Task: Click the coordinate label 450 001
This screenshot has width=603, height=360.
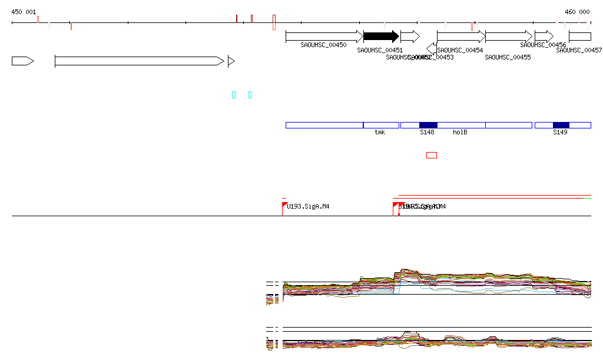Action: (x=24, y=12)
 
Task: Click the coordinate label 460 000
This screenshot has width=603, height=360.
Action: (x=577, y=12)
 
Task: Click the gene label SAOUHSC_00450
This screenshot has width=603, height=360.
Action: (x=323, y=45)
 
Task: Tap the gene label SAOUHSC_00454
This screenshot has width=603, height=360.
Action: (x=460, y=51)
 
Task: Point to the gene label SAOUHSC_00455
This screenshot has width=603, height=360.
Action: (x=508, y=57)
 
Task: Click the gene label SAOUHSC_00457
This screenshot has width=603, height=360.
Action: (x=579, y=51)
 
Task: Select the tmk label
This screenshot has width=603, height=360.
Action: (x=380, y=133)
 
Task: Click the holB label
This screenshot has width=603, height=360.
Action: (x=460, y=133)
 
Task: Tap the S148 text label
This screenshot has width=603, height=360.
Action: (x=427, y=133)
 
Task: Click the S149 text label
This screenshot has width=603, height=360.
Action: (x=560, y=133)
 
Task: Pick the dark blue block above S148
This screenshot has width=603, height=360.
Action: (x=428, y=125)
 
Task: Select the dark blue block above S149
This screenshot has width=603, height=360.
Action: (x=561, y=125)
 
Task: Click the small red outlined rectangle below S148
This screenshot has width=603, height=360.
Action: (x=432, y=155)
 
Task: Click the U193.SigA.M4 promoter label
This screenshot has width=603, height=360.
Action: (x=308, y=206)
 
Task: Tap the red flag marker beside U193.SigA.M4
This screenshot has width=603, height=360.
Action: (x=284, y=204)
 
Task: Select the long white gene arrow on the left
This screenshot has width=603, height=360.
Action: (x=139, y=61)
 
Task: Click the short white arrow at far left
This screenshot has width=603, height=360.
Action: (x=22, y=61)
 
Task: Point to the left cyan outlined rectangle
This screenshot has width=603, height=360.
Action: (x=234, y=95)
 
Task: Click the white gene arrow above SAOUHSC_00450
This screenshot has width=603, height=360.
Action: (x=324, y=37)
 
